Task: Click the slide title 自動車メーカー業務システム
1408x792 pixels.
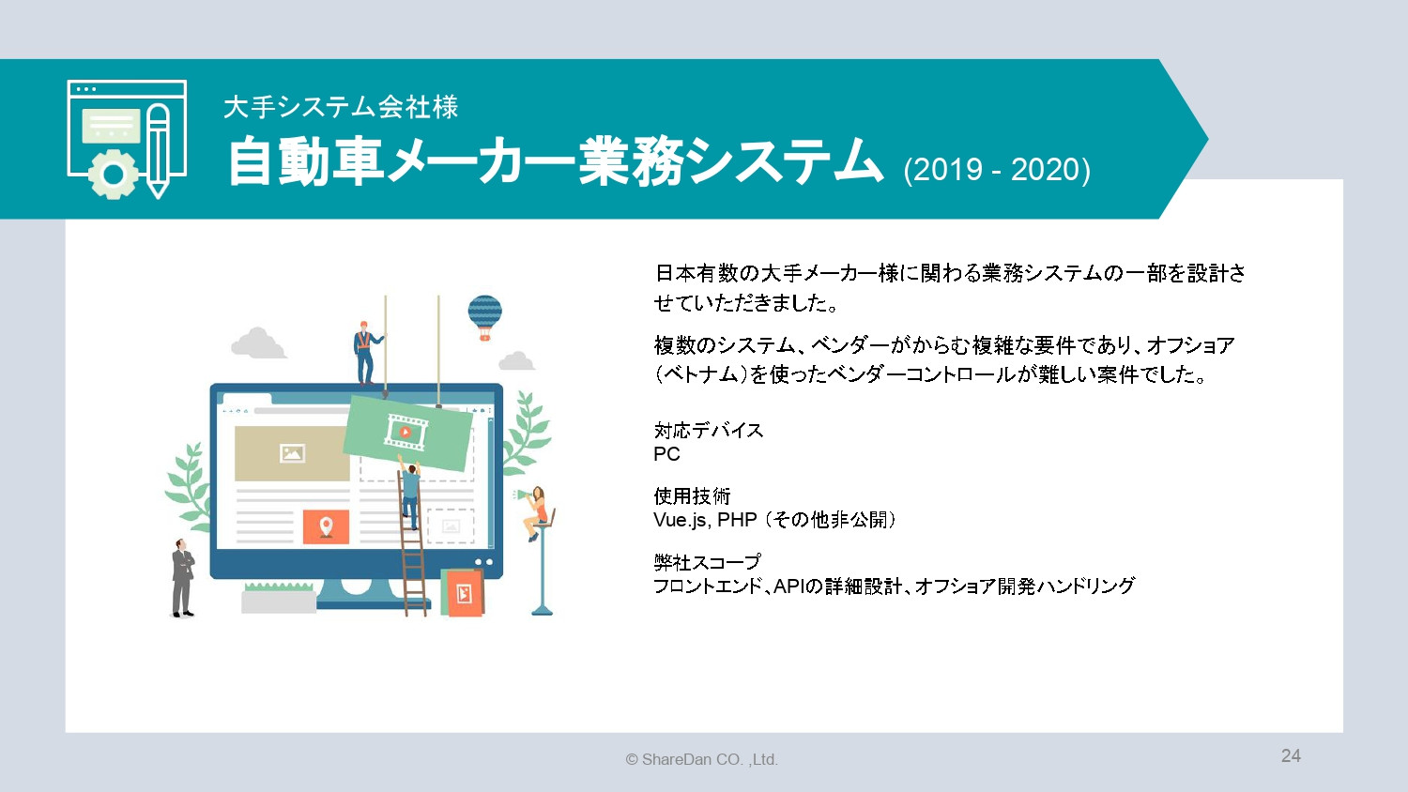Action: point(554,161)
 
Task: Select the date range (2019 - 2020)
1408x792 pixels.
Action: point(997,170)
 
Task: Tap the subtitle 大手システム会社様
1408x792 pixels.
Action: point(341,107)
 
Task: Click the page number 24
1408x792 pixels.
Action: point(1291,756)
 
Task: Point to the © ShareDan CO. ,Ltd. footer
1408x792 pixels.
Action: point(701,759)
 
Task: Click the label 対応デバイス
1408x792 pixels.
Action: point(709,431)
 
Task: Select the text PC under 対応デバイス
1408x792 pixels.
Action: point(666,454)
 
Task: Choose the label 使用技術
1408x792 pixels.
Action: point(692,496)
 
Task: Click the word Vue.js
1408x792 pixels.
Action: point(681,520)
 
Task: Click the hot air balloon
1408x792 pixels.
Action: point(484,316)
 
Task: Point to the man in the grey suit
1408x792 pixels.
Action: point(182,578)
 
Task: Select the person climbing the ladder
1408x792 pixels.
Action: point(411,493)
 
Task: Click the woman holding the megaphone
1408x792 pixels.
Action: point(537,511)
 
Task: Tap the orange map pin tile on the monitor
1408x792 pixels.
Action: point(326,526)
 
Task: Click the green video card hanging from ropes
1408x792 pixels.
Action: point(407,433)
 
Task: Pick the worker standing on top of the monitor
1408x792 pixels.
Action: point(365,353)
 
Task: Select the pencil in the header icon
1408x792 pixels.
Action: point(159,150)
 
